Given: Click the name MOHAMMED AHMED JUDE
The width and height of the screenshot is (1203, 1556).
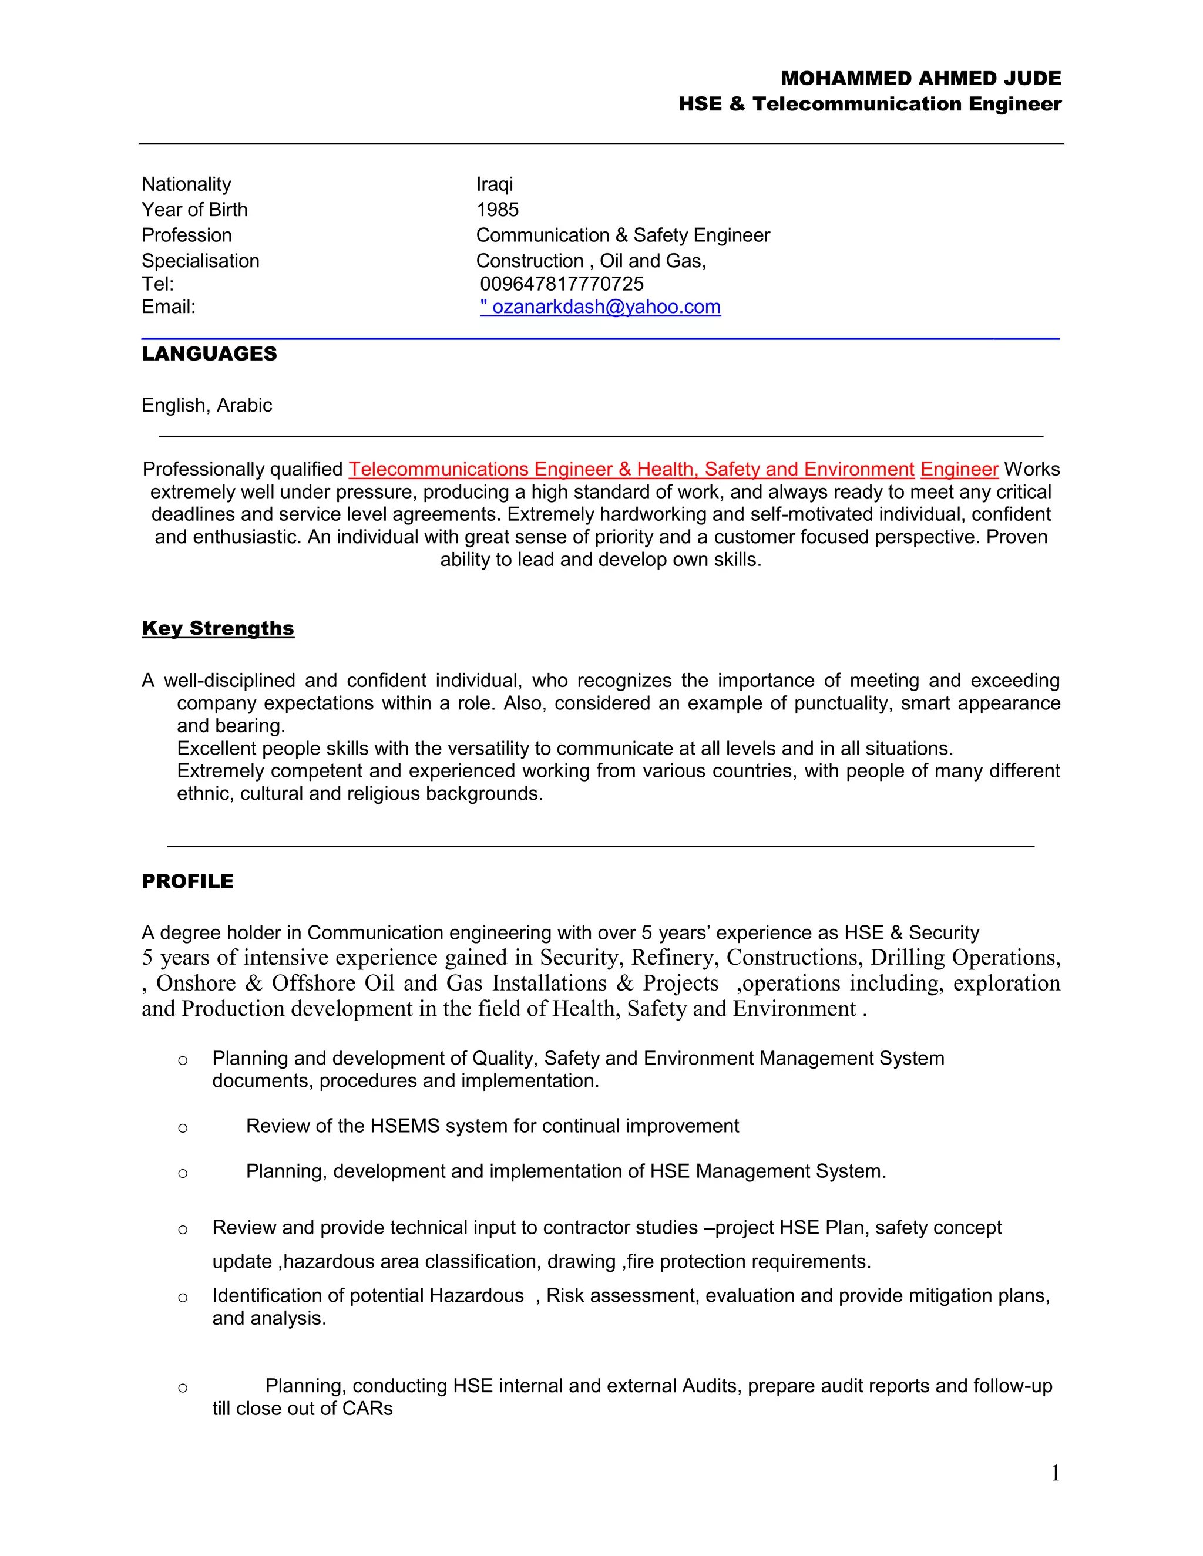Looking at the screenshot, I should point(920,78).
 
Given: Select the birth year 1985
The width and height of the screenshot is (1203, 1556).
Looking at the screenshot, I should point(497,210).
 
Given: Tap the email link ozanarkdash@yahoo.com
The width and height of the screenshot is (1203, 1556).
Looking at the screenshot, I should point(606,307).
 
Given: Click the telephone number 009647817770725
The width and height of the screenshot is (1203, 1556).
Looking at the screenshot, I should point(562,284).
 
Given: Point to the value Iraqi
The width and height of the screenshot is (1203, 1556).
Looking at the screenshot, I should point(494,184).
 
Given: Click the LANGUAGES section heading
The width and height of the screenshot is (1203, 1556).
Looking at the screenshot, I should point(209,353).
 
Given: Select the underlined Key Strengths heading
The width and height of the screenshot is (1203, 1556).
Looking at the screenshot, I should point(217,628).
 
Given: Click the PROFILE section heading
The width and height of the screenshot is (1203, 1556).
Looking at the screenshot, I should point(187,881).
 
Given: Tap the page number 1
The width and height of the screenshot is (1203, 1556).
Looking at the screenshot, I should point(1055,1473).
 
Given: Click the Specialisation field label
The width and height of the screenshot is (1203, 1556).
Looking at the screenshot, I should point(200,261).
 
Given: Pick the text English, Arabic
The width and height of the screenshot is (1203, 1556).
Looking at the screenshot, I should point(207,405).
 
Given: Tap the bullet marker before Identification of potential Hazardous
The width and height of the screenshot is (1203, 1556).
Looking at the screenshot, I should point(183,1298).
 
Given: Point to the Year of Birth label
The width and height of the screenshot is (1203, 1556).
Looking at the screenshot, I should point(194,210).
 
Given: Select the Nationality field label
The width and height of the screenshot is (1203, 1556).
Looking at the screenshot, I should point(186,184).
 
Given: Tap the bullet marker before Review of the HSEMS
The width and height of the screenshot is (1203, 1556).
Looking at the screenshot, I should point(183,1128).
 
